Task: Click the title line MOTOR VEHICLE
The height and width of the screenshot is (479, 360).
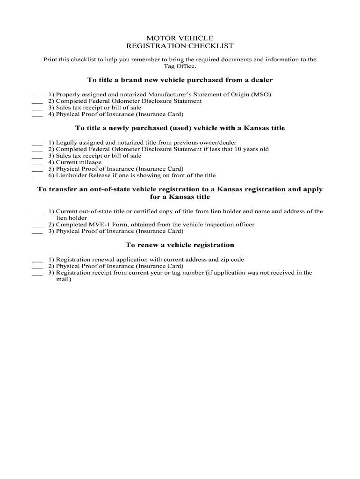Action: (180, 38)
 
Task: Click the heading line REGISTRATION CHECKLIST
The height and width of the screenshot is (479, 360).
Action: (180, 46)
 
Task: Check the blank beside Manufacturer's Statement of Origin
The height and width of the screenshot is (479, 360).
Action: (37, 95)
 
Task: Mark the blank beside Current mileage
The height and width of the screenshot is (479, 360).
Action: (37, 163)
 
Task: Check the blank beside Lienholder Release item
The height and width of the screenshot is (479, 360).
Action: (37, 176)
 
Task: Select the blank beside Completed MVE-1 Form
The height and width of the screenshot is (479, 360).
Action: (37, 225)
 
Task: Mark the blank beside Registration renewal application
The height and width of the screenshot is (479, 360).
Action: (37, 260)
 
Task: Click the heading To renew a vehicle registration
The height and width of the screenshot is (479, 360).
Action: (180, 245)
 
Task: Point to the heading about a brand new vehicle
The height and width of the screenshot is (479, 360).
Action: (180, 80)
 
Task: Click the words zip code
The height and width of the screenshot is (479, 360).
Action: (232, 259)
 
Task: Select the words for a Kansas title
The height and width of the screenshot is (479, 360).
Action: (180, 197)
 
